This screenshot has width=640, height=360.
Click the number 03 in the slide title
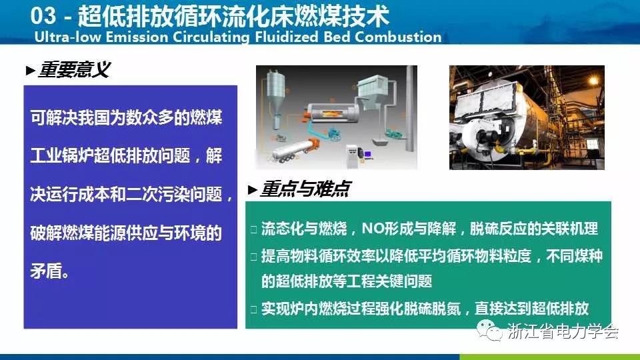[43, 16]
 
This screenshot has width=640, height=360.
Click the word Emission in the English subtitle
[137, 37]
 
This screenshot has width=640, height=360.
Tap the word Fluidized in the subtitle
[287, 37]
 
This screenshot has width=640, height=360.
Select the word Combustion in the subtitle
[398, 37]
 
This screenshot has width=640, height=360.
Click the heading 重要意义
[74, 70]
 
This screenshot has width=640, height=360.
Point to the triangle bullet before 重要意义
[30, 71]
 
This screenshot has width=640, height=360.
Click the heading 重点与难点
[305, 189]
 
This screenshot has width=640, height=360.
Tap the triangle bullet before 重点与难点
[252, 190]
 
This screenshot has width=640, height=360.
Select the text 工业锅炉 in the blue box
[61, 155]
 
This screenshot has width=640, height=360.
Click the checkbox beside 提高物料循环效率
[253, 257]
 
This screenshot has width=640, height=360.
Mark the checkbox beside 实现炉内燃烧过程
[253, 309]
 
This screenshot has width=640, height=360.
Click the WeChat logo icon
[489, 329]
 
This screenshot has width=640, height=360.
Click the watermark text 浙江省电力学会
[563, 331]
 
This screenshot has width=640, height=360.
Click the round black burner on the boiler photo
[485, 139]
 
